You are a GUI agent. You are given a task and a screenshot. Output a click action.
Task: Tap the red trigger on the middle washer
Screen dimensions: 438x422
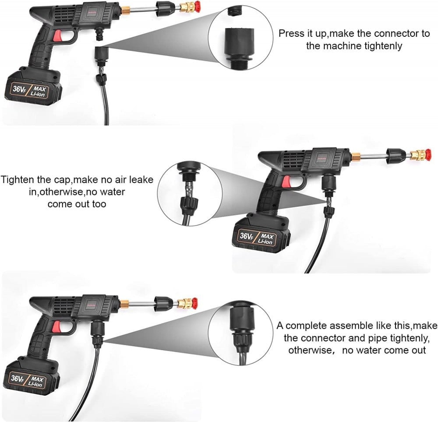point(286,182)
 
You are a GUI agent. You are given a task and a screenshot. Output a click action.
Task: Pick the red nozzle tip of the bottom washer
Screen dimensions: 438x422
point(194,302)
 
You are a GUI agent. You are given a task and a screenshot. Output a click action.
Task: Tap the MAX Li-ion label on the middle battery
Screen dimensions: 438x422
point(266,239)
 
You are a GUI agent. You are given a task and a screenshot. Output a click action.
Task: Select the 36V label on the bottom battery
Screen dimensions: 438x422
point(17,379)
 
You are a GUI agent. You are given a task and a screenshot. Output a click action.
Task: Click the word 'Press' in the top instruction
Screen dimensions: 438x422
point(292,33)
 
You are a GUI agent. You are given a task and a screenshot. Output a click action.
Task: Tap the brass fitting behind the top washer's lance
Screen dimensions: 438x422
point(124,11)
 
